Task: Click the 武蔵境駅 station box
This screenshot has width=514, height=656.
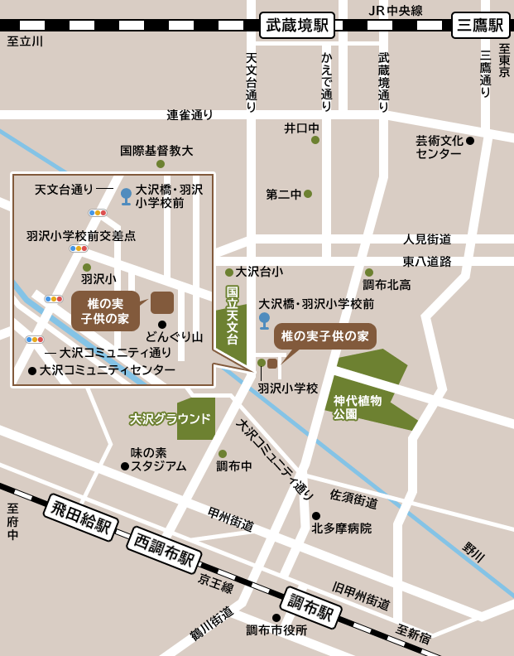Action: [297, 25]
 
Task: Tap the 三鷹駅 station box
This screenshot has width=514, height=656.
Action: [480, 25]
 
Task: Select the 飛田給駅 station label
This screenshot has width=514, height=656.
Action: [80, 517]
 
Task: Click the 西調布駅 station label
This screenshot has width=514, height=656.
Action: [164, 550]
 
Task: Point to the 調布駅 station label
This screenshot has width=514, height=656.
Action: [311, 607]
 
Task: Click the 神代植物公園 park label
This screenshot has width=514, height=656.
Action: [358, 407]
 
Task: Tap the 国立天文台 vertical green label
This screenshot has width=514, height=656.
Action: [233, 316]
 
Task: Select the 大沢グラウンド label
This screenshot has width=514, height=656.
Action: [170, 418]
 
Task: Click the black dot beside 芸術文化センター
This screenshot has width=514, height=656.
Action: [470, 141]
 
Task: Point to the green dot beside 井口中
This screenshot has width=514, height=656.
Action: [315, 140]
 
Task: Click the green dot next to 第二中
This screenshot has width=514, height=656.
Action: [308, 194]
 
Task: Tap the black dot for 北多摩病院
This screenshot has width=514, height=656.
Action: [316, 516]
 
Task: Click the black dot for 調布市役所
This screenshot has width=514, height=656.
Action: [276, 618]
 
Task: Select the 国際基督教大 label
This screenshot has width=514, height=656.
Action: [156, 151]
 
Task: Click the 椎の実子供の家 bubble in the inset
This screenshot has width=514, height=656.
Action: [105, 311]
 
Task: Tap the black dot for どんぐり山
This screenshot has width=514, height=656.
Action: [162, 325]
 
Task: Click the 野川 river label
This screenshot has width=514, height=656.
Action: [473, 552]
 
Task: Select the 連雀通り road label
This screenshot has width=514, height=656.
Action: [190, 115]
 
